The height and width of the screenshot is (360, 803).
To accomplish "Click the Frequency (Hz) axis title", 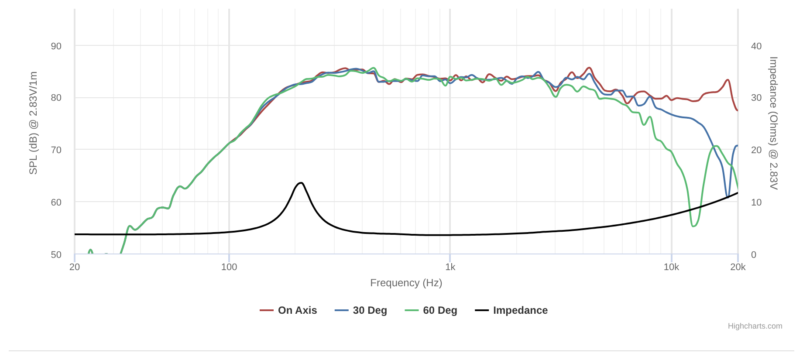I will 406,283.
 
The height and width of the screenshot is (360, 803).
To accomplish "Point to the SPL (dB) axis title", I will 33,123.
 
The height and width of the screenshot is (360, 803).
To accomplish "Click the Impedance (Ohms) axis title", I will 773,123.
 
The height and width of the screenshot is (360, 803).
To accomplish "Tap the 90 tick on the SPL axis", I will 56,46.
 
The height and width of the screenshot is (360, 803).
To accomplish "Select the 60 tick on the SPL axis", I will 56,202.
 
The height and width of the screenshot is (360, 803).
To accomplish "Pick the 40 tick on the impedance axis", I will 756,46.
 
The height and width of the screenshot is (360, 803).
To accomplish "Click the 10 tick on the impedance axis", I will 756,202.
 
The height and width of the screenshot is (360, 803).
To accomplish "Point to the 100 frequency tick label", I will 229,267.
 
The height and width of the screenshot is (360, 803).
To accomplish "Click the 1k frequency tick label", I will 450,267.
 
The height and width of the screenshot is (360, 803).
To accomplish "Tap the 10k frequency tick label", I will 671,267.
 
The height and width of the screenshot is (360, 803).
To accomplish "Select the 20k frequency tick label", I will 738,267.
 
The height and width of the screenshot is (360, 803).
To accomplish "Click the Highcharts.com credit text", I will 755,326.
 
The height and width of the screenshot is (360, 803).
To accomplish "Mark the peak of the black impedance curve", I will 301,183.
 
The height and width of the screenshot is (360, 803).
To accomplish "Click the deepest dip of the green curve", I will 694,226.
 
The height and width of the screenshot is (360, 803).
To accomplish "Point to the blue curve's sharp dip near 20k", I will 728,197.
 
